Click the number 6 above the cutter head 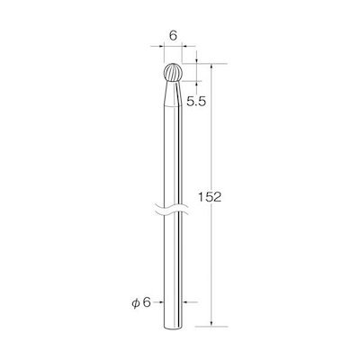(173, 36)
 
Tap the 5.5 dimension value (196, 102)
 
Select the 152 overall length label (210, 197)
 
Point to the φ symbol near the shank (136, 303)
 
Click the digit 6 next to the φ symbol (146, 302)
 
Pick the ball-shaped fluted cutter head (173, 72)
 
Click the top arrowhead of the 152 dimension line (211, 67)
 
